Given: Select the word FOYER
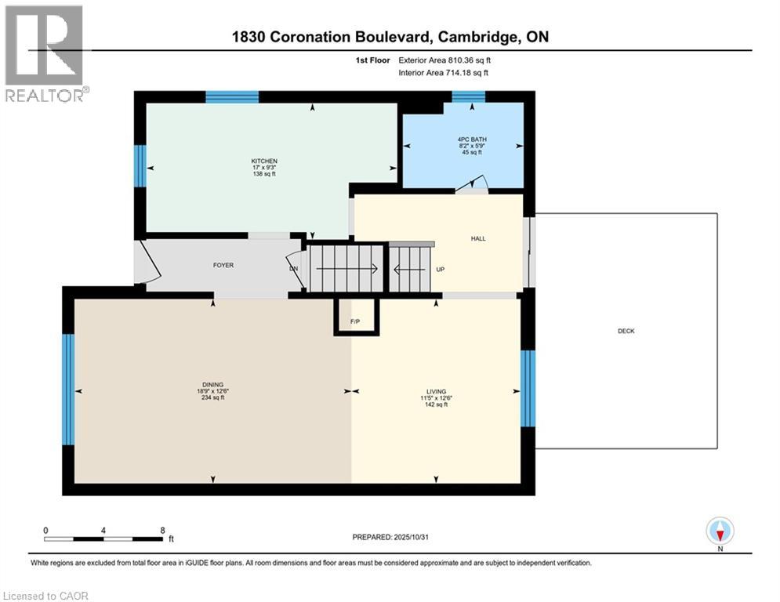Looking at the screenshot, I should [x=223, y=265].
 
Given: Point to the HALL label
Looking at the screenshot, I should [x=478, y=238].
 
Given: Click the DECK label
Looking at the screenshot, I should [x=626, y=331].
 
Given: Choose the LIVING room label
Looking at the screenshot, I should [x=436, y=391].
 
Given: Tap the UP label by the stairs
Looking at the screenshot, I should [x=441, y=270].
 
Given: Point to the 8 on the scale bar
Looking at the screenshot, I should [x=162, y=530].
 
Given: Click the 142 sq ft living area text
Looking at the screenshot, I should [x=436, y=404].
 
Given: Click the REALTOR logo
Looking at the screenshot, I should [x=45, y=53].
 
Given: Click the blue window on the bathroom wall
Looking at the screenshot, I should [x=468, y=96].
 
